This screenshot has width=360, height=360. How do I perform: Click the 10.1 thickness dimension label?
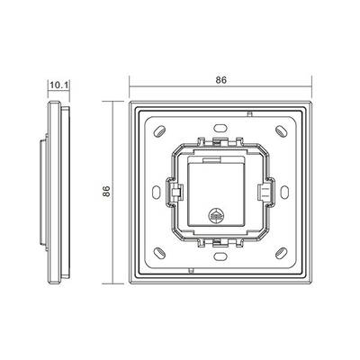tap(58, 85)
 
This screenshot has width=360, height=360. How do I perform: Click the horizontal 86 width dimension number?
tap(221, 80)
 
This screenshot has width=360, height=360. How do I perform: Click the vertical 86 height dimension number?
tap(106, 191)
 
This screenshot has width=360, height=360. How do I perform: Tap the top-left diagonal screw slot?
tap(159, 130)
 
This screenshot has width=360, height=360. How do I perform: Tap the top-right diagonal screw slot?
tap(282, 130)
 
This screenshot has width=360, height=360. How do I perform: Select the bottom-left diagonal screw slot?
tap(159, 253)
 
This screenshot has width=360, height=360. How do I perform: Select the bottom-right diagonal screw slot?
tap(282, 253)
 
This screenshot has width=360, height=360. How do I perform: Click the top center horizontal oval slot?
tap(220, 127)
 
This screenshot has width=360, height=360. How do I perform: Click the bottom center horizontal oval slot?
tap(220, 256)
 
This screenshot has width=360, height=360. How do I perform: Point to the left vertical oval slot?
tap(156, 192)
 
